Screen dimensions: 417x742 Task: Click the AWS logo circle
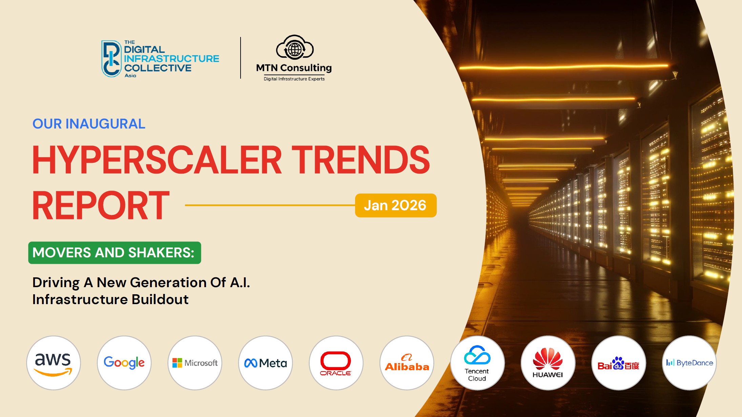tap(54, 363)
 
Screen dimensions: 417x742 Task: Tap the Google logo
tap(124, 363)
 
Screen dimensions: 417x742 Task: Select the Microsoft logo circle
tap(195, 363)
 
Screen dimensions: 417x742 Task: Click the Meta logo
tap(266, 363)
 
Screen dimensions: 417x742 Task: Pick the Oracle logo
tap(336, 363)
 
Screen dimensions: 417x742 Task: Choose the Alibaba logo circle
tap(407, 363)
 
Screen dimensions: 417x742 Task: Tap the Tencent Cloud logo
tap(477, 363)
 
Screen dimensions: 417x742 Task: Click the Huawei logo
tap(548, 363)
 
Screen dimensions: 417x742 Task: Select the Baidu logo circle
tap(618, 363)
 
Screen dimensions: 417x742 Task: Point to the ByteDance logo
tap(689, 363)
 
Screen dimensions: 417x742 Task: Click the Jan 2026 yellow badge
tap(395, 205)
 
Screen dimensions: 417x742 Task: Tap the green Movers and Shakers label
tap(115, 253)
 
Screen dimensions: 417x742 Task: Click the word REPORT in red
tap(101, 205)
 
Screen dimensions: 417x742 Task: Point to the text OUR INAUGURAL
tap(89, 124)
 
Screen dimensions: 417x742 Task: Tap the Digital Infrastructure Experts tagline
tap(294, 79)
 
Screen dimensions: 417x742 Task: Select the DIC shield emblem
tap(111, 59)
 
